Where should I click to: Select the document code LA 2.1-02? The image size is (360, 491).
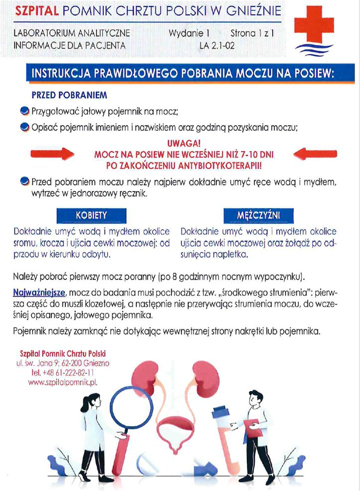pos(217,45)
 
